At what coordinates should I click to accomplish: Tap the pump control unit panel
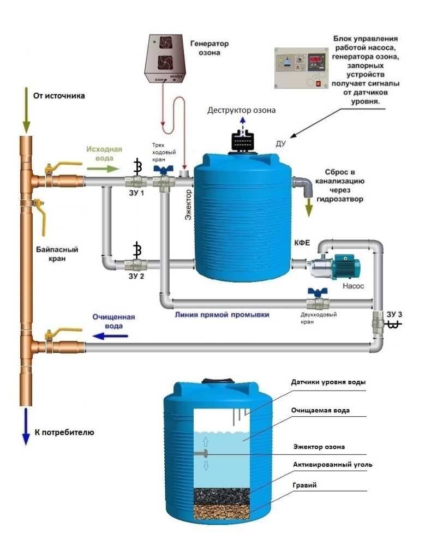tap(301, 68)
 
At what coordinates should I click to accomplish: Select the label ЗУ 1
tap(136, 193)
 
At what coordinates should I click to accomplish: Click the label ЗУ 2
tap(136, 276)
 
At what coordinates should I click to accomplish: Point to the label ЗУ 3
tap(394, 314)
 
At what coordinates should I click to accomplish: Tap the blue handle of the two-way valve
tap(318, 292)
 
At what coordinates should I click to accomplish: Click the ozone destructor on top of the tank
tap(243, 142)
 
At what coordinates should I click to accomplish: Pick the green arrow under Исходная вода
tap(103, 169)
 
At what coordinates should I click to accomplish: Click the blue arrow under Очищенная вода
tap(110, 336)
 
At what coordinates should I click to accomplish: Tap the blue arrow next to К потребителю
tap(26, 427)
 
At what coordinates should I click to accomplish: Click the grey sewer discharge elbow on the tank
tap(303, 187)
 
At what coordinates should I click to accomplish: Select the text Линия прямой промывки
tap(222, 315)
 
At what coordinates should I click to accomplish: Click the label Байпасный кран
tap(57, 254)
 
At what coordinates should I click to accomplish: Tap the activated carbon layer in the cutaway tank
tap(222, 496)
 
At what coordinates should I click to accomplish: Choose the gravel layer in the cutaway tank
tap(222, 512)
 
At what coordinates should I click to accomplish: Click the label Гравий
tap(304, 485)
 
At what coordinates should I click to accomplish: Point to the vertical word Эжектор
tap(188, 205)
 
